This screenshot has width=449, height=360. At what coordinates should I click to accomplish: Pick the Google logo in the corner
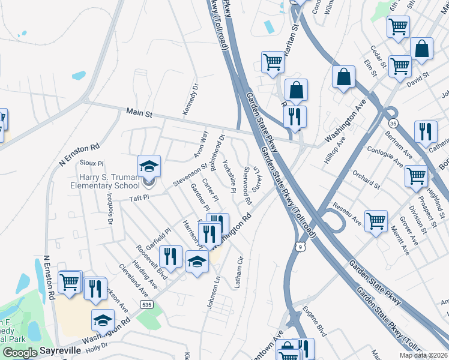pyautogui.click(x=19, y=352)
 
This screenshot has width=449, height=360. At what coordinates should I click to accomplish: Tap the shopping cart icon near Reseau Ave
pyautogui.click(x=376, y=221)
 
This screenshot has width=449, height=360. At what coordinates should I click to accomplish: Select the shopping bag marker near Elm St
pyautogui.click(x=343, y=77)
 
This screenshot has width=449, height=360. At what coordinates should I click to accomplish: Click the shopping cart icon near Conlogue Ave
pyautogui.click(x=416, y=176)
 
